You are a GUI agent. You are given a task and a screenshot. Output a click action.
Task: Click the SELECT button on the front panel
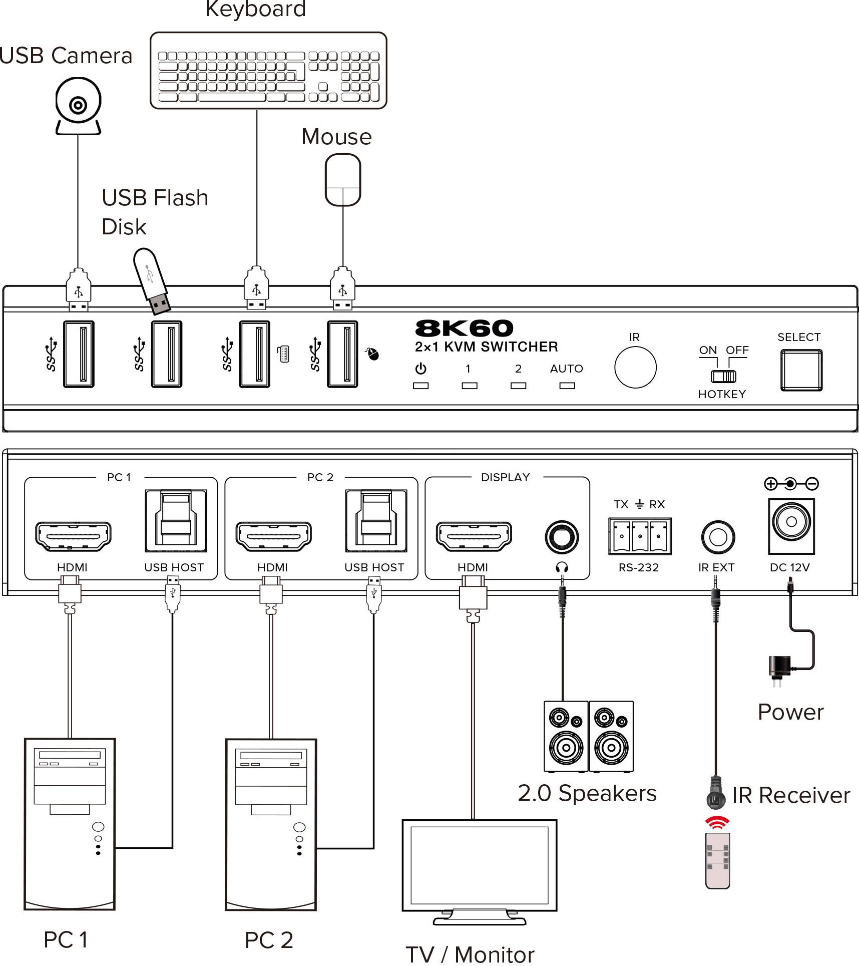click(x=801, y=370)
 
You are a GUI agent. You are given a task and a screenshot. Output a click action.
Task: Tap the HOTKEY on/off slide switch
click(x=723, y=376)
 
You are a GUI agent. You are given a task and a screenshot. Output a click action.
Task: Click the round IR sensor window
click(x=635, y=367)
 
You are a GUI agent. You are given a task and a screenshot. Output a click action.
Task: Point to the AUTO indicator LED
click(x=567, y=386)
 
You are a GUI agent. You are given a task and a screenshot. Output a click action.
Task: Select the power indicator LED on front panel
click(x=420, y=386)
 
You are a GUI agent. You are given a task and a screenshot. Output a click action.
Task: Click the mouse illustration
click(x=343, y=180)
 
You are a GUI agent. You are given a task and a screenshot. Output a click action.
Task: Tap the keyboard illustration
click(x=268, y=71)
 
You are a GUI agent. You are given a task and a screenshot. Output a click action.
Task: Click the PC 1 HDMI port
click(x=73, y=536)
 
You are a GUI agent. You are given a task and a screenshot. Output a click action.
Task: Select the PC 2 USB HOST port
click(x=376, y=521)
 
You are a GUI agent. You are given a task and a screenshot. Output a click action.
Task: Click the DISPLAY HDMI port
click(x=474, y=536)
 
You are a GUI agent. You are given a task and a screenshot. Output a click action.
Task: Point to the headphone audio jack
click(x=562, y=537)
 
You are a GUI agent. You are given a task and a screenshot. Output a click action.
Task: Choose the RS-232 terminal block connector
click(x=640, y=536)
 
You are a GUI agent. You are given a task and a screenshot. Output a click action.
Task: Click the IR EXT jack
click(x=718, y=537)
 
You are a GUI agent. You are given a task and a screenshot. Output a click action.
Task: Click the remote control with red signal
click(x=717, y=861)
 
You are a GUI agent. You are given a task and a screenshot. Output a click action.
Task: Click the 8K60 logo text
click(x=464, y=329)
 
